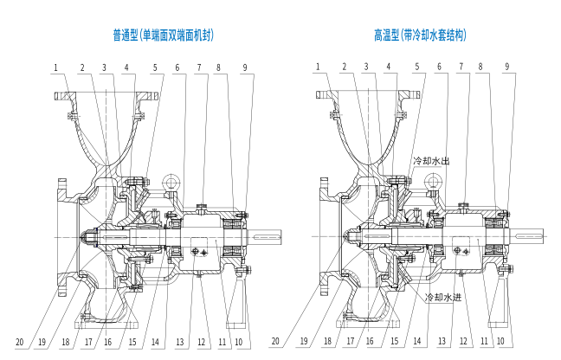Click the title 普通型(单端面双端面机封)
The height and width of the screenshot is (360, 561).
163,35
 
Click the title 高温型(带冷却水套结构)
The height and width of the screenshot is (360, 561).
420,35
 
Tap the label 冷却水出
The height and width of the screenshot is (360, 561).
431,161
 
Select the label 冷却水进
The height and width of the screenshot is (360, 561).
443,297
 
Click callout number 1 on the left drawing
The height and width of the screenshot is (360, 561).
55,67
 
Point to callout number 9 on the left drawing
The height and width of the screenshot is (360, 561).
245,67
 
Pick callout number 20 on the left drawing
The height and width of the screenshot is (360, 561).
19,342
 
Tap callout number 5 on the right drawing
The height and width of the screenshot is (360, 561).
417,67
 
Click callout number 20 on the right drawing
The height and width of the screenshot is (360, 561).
275,341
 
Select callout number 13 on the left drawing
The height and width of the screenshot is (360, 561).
179,342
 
